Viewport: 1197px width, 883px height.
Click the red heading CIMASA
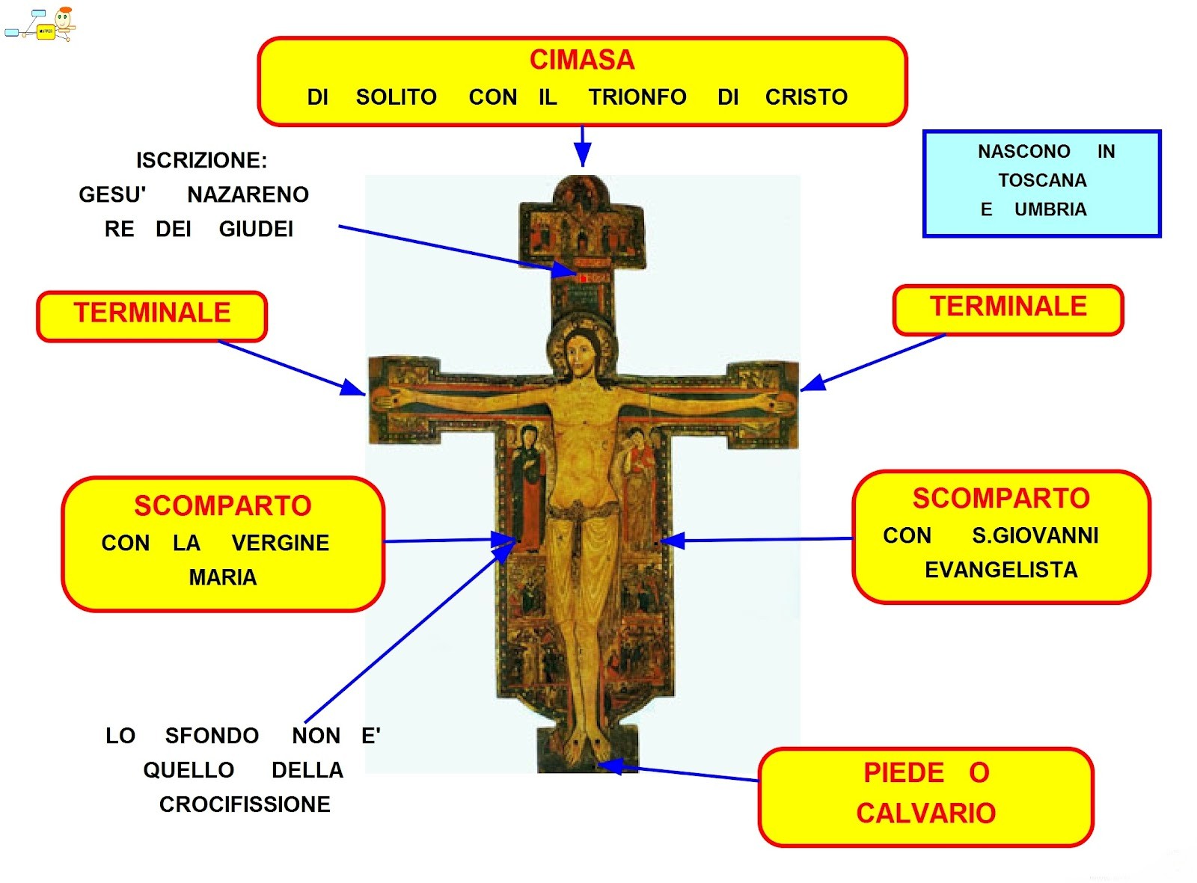[581, 60]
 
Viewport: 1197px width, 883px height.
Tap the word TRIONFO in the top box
[637, 97]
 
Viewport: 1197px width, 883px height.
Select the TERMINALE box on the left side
[152, 314]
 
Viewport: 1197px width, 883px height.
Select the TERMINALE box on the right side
[1008, 308]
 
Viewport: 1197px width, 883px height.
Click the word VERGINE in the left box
[280, 543]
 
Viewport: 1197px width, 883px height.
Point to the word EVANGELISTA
[1001, 570]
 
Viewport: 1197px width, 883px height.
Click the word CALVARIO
[925, 813]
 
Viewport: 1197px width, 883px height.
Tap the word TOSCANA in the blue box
[1042, 180]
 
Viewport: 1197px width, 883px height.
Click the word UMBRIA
[1050, 209]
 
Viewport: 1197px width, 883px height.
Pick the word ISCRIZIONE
[201, 160]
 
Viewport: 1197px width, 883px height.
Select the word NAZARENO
[248, 194]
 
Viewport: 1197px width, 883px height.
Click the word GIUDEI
[256, 229]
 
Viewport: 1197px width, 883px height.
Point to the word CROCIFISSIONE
[245, 804]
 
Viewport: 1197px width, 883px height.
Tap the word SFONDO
[212, 736]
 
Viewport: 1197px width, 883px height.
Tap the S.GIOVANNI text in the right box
[1035, 535]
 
